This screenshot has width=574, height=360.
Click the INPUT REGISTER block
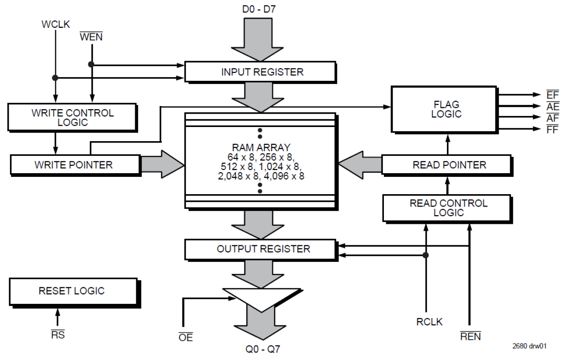click(262, 72)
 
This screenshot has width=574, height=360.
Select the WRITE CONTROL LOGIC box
click(72, 117)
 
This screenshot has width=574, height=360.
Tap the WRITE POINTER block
click(74, 165)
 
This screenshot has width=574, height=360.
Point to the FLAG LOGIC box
click(446, 109)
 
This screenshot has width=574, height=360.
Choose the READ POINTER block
click(450, 165)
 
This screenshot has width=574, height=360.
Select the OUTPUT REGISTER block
click(263, 249)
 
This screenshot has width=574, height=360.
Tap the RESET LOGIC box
click(72, 291)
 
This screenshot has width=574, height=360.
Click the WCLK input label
click(55, 24)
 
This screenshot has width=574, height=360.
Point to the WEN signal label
click(91, 36)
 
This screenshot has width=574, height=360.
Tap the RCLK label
click(429, 322)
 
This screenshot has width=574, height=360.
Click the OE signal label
click(186, 338)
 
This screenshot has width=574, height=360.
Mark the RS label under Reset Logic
click(58, 335)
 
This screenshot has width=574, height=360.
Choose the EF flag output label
click(552, 95)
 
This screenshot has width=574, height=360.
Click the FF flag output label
click(552, 129)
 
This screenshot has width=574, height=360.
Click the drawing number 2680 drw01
click(529, 346)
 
